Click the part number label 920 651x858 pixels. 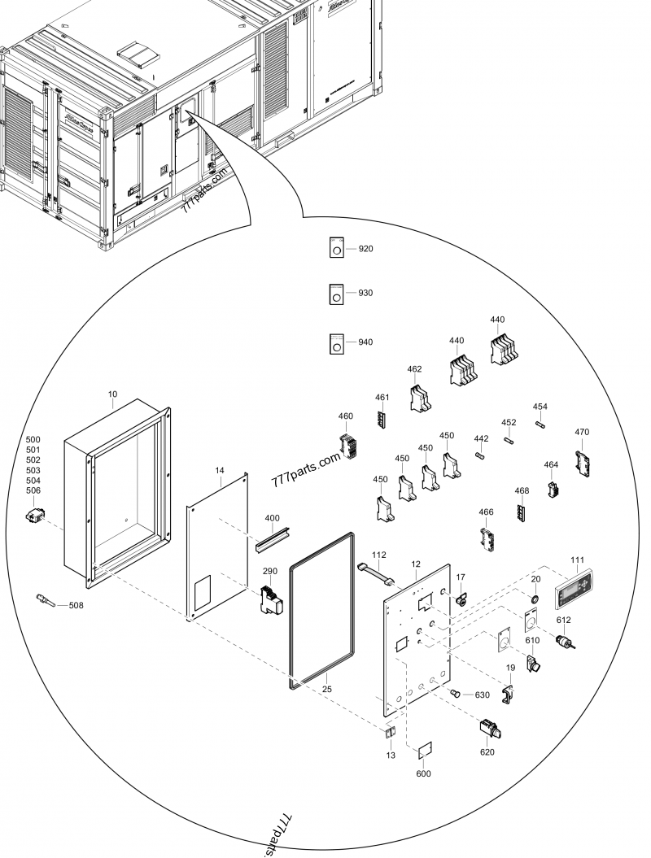click(x=366, y=249)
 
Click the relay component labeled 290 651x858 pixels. click(x=269, y=599)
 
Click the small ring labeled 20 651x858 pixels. click(x=535, y=599)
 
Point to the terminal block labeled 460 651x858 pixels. click(x=348, y=448)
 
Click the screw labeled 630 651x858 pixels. click(x=456, y=693)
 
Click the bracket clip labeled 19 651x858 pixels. click(x=509, y=694)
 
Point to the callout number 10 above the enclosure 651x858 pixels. click(x=112, y=394)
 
